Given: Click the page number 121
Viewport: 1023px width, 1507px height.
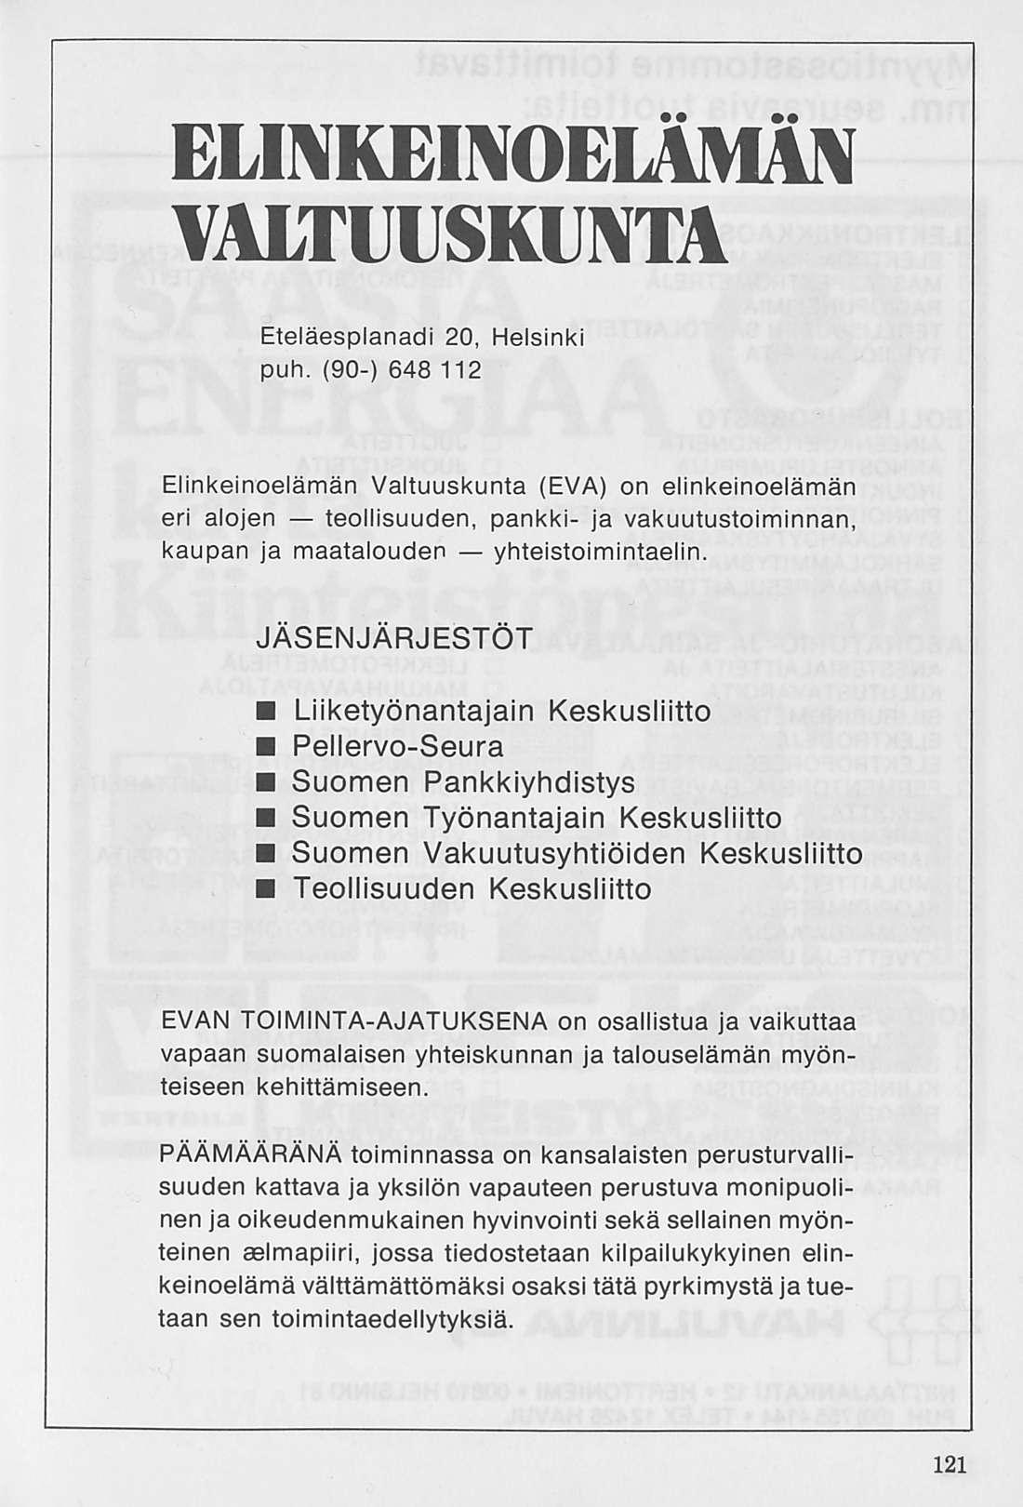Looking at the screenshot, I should point(948,1462).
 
